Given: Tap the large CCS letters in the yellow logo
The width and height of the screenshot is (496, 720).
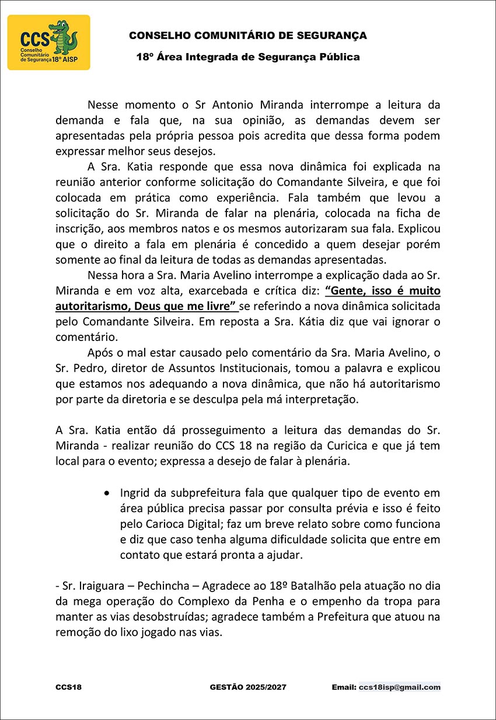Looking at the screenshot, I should [x=33, y=39].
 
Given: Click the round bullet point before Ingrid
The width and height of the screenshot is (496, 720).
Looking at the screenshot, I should [x=106, y=493].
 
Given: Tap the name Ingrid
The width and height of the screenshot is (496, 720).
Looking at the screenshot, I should [x=135, y=493].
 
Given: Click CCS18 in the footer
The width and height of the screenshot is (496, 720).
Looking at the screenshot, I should [x=69, y=687].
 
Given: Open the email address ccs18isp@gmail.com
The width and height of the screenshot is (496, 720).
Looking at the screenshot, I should [x=400, y=687].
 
